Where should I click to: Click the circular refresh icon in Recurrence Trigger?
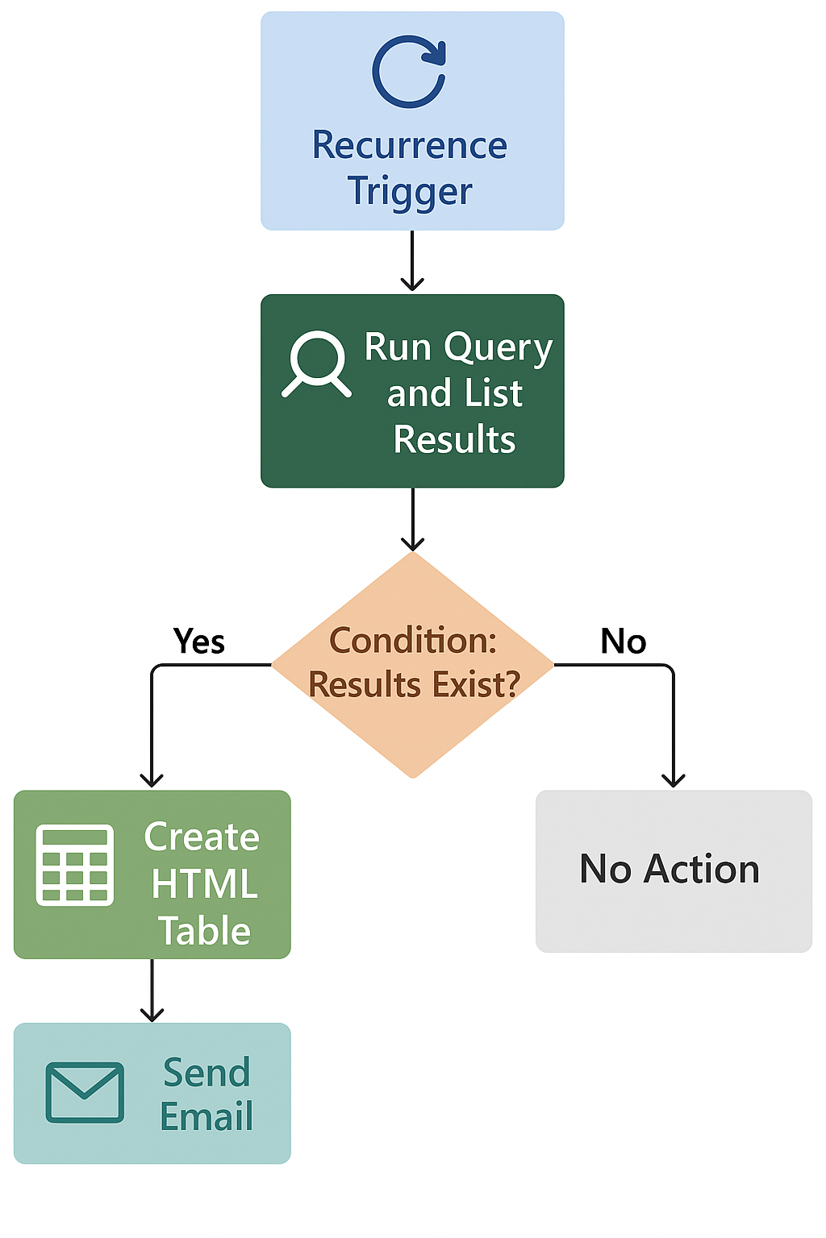point(409,72)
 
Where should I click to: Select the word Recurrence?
point(410,146)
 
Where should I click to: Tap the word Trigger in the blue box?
point(410,192)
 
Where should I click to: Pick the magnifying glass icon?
point(316,363)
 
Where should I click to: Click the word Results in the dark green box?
point(454,440)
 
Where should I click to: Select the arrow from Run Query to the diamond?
point(412,519)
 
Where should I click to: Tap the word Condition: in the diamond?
point(413,641)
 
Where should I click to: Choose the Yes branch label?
point(199,642)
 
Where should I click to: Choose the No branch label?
point(623,642)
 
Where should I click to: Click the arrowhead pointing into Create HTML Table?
point(152,779)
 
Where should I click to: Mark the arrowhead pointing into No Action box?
point(673,779)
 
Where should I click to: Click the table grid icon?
point(75,865)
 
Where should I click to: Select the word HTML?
point(205,884)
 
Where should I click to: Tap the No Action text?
point(670,870)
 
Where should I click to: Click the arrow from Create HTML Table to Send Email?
point(152,991)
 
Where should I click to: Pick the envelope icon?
point(85,1092)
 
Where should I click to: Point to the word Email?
point(206,1117)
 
